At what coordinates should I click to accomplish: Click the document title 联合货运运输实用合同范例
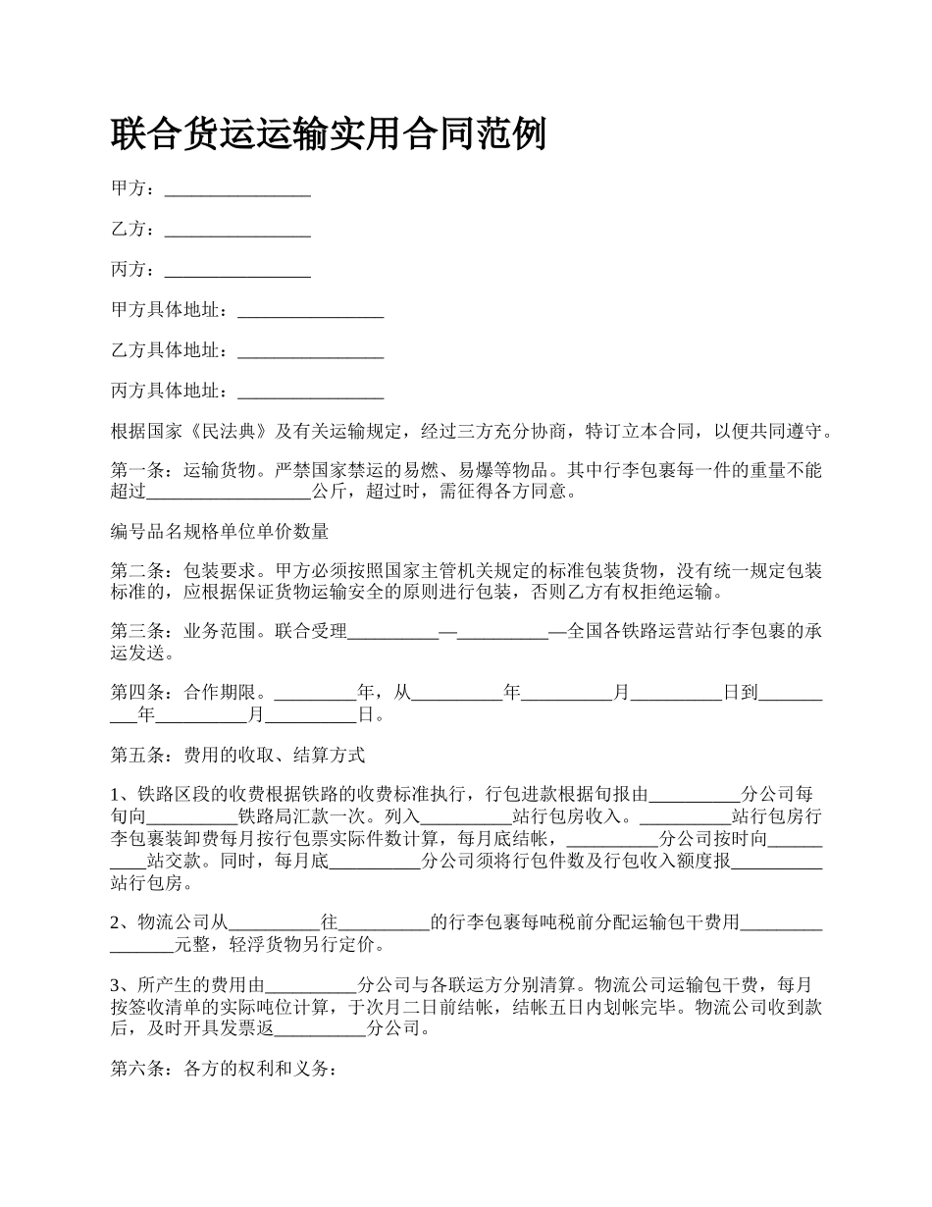click(328, 134)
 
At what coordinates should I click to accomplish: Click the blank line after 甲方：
click(237, 189)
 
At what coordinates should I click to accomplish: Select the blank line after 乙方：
click(237, 231)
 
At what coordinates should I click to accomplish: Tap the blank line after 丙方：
click(237, 271)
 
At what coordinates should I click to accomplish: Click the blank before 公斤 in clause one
click(229, 492)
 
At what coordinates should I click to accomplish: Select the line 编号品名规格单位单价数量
click(220, 532)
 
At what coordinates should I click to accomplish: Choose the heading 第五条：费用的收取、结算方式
click(238, 755)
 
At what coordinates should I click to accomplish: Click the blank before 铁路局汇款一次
click(192, 815)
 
